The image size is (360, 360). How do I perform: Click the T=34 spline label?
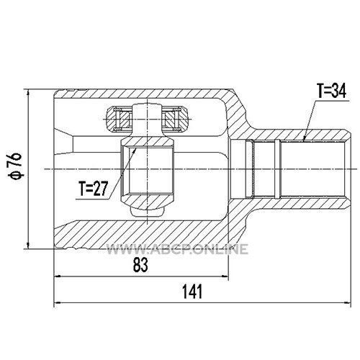(331, 91)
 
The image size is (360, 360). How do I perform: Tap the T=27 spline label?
(94, 189)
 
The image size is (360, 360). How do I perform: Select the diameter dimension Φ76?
(16, 166)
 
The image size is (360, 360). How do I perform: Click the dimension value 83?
(140, 265)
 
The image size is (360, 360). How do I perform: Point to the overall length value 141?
(192, 292)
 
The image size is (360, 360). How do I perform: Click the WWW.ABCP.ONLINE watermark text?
(177, 249)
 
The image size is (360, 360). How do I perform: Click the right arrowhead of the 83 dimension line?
(225, 276)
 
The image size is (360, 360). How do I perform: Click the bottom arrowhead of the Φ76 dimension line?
(29, 245)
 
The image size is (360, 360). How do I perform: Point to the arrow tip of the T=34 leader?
(303, 141)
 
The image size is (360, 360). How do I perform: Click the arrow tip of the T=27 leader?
(136, 148)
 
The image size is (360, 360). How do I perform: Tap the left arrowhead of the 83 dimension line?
(58, 276)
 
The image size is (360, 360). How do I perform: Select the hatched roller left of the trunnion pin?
(120, 119)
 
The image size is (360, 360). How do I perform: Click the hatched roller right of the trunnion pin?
(176, 119)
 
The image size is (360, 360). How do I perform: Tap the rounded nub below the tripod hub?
(147, 211)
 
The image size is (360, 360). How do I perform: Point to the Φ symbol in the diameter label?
(16, 176)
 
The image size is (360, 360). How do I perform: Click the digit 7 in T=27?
(104, 189)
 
